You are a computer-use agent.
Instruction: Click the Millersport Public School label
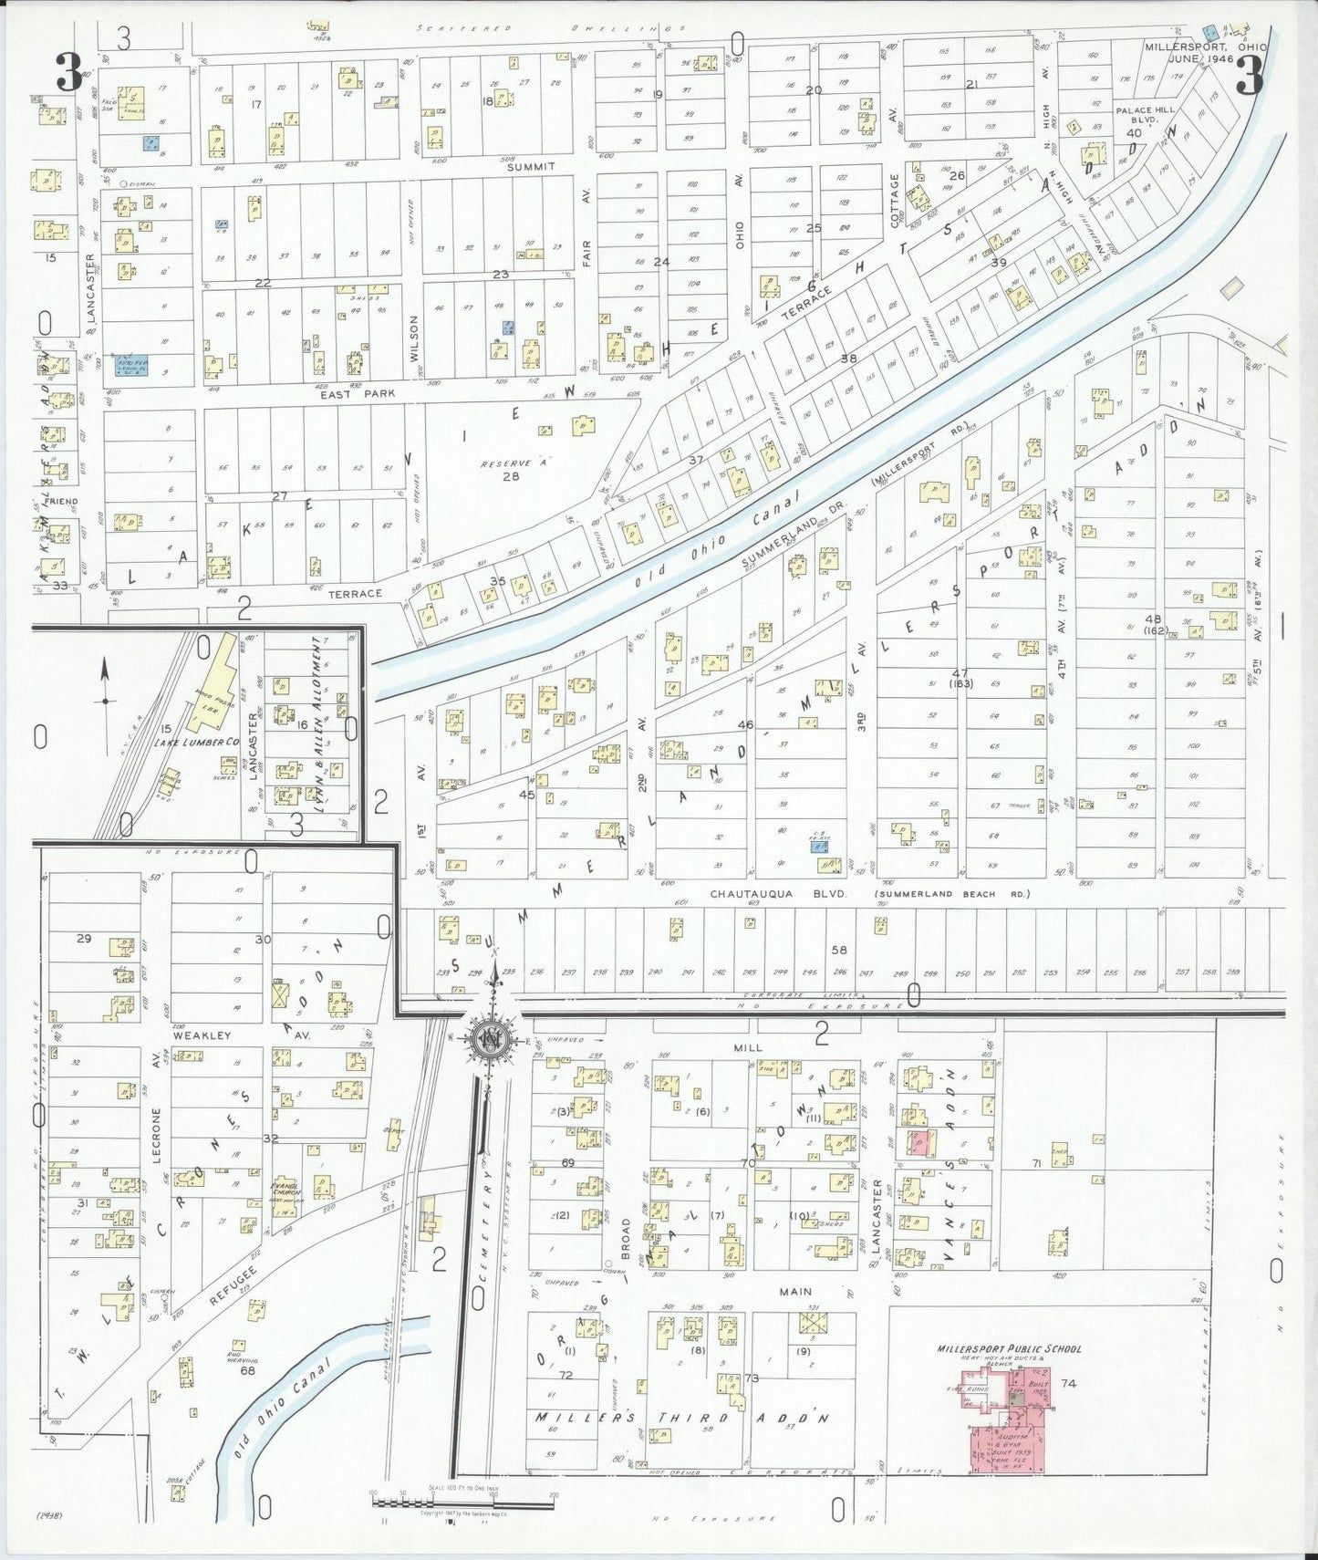click(1009, 1349)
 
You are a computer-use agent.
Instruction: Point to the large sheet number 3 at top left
click(68, 73)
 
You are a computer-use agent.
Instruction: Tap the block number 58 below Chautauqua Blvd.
click(838, 950)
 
